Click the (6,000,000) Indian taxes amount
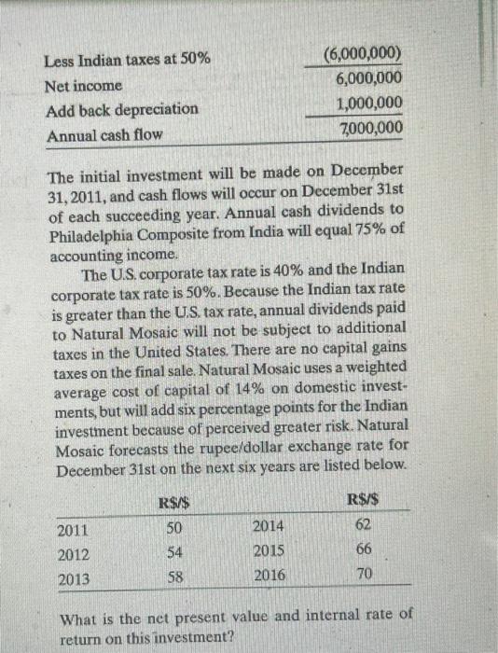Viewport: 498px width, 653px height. pyautogui.click(x=364, y=54)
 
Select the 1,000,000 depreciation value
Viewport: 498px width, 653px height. pyautogui.click(x=370, y=104)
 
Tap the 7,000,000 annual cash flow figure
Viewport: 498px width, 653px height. pyautogui.click(x=370, y=128)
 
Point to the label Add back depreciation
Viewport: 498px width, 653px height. pyautogui.click(x=121, y=109)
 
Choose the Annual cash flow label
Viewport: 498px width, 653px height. pyautogui.click(x=104, y=134)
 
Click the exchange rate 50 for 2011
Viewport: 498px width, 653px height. pyautogui.click(x=172, y=530)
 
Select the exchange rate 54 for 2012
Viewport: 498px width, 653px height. pyautogui.click(x=172, y=554)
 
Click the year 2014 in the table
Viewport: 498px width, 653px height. pyautogui.click(x=267, y=527)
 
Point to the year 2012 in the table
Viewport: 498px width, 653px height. pyautogui.click(x=73, y=555)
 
